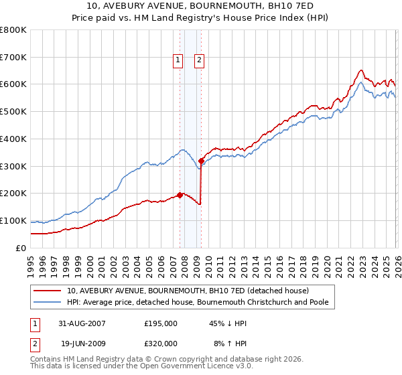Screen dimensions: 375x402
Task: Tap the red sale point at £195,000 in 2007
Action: [x=180, y=195]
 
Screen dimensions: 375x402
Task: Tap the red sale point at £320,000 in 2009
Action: [x=201, y=161]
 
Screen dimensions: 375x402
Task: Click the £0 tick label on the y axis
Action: [x=21, y=248]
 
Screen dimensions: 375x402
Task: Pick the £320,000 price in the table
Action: [x=161, y=343]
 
